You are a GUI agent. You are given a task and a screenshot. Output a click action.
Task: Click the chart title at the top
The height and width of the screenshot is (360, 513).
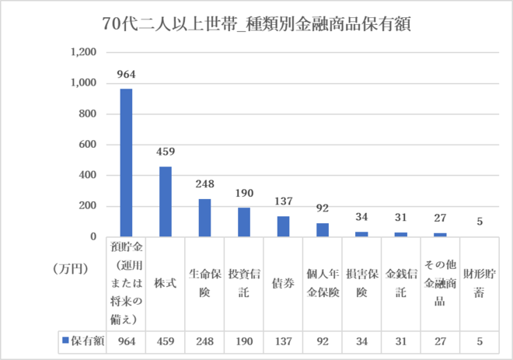[x=256, y=23]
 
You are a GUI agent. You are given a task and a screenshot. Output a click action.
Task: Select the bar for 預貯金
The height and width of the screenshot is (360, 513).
[x=126, y=163]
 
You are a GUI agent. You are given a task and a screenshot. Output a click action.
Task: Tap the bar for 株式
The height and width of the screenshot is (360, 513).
[x=166, y=201]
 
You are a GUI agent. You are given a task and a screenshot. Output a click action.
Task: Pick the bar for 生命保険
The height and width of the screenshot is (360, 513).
[x=205, y=218]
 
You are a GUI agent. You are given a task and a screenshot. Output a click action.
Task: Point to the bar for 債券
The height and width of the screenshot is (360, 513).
[x=284, y=226]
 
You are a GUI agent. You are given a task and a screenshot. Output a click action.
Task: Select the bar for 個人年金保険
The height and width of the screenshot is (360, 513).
[x=323, y=229]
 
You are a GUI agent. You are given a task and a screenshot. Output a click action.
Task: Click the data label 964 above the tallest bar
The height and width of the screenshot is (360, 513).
[x=126, y=75]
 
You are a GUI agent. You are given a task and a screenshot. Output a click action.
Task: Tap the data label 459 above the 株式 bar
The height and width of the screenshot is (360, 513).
[x=166, y=152]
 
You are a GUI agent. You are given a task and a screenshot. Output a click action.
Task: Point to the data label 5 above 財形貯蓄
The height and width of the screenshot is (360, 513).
[x=480, y=222]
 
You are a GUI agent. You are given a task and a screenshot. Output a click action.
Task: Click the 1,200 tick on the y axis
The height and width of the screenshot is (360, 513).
[x=83, y=53]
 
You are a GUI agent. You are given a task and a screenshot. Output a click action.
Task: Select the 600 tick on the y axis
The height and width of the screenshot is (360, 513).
[x=87, y=145]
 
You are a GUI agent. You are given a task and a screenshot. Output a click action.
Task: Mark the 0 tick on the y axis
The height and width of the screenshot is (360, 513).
[x=92, y=236]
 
